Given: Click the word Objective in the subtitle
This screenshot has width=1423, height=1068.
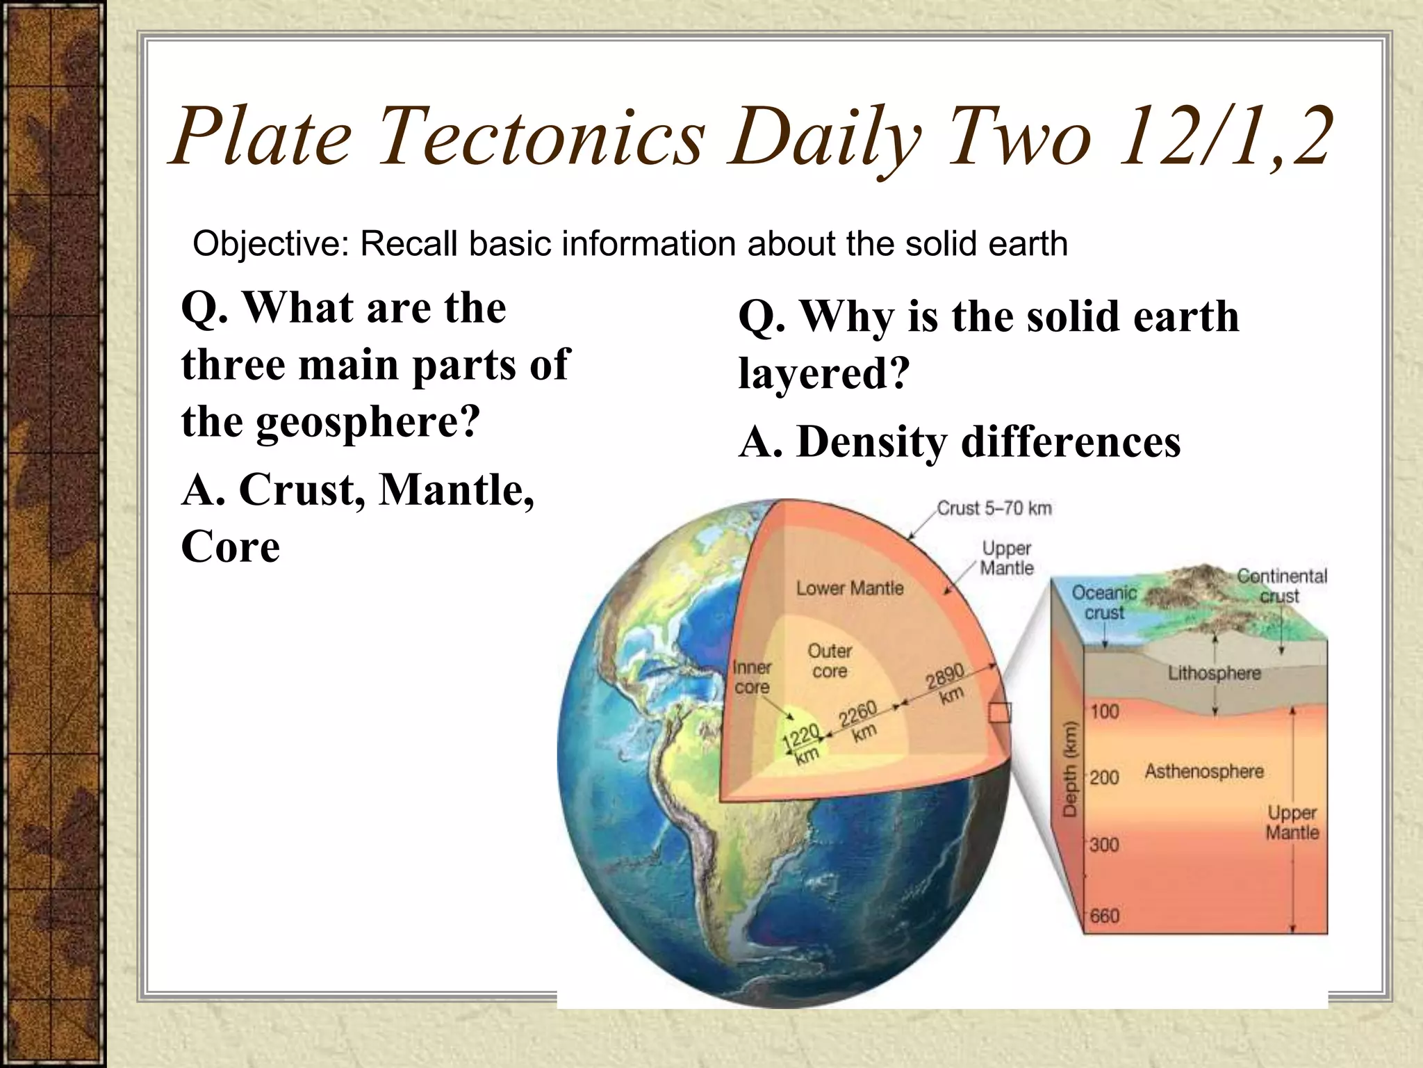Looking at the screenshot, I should click(x=271, y=244).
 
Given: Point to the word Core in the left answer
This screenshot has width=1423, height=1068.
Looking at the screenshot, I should click(x=230, y=547).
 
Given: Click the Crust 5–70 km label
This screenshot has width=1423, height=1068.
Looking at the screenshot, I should click(x=994, y=508).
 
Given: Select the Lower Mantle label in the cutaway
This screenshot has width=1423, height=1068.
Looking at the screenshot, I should click(x=850, y=588).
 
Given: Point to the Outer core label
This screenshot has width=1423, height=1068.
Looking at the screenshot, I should click(x=830, y=661).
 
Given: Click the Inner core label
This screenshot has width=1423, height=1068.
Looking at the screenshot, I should click(x=752, y=677).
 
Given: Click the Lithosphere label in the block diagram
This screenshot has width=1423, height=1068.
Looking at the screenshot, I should click(x=1214, y=673).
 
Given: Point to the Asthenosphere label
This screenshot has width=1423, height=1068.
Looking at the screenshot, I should click(x=1204, y=771).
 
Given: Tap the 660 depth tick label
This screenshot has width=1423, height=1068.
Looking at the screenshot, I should click(x=1104, y=916).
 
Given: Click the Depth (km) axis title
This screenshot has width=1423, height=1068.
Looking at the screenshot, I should click(x=1070, y=768).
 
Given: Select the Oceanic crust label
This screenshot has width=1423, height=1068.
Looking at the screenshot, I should click(x=1104, y=602).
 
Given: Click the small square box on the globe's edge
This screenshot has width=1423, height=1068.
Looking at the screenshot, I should click(x=1000, y=712).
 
